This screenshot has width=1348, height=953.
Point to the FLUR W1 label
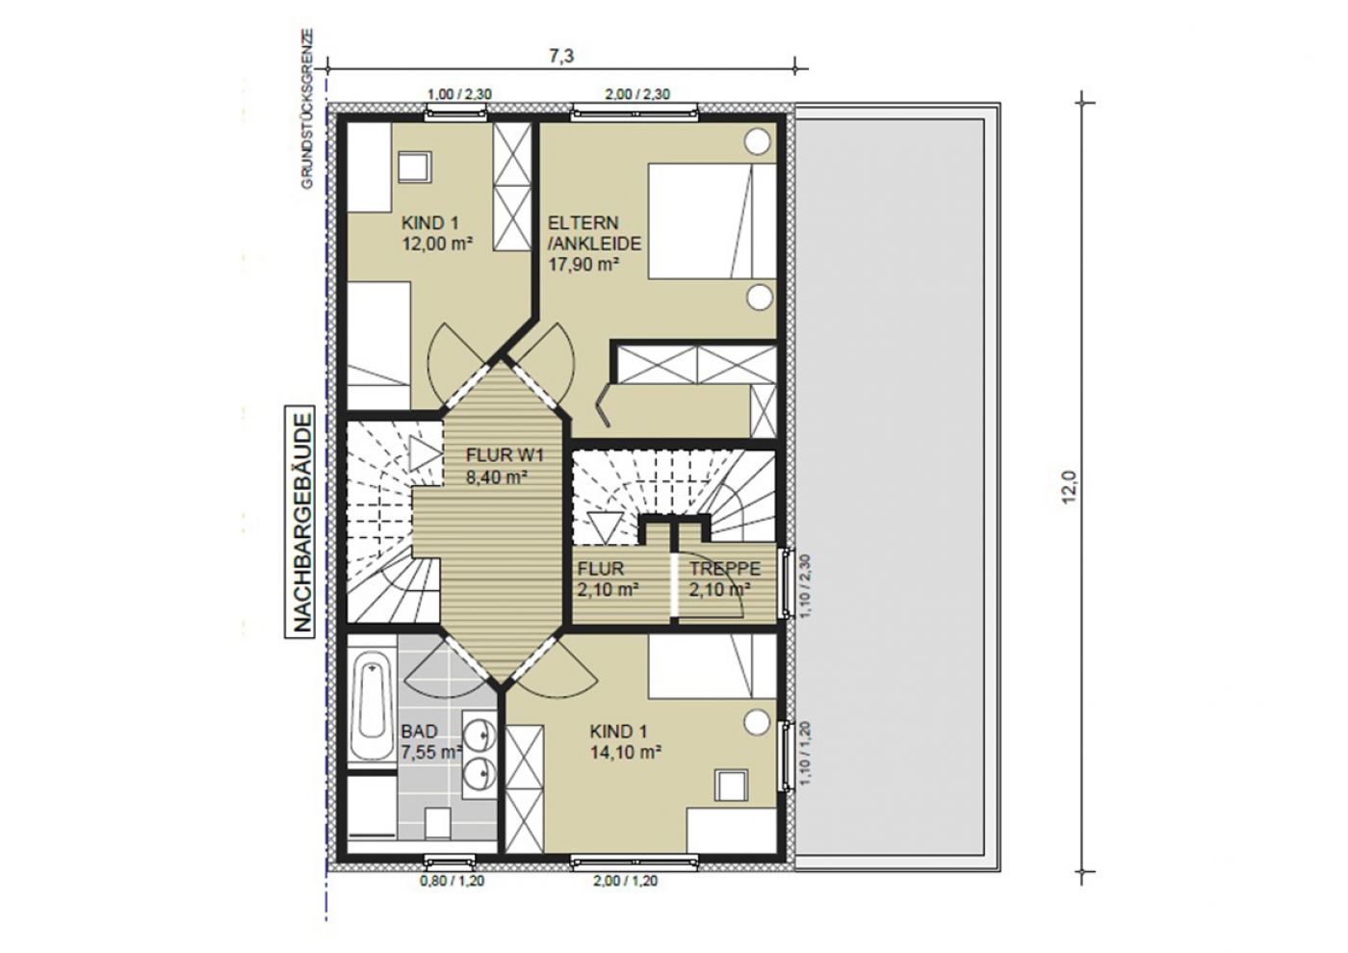(x=505, y=454)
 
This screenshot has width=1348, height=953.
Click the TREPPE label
(x=724, y=568)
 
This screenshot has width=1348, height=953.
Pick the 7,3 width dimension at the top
(x=560, y=56)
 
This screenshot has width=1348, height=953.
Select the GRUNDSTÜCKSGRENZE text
(x=307, y=109)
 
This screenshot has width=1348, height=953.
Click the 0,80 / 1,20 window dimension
(x=452, y=881)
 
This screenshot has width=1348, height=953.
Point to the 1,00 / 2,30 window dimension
(x=459, y=94)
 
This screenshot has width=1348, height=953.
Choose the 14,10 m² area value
(x=626, y=752)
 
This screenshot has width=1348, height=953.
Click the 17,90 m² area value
(x=583, y=264)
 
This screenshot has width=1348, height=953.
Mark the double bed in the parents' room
(x=712, y=221)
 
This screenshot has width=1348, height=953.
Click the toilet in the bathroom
(x=437, y=822)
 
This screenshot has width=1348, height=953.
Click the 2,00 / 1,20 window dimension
(x=625, y=881)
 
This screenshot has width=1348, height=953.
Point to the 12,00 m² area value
(x=437, y=244)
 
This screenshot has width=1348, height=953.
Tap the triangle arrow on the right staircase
(x=603, y=528)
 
